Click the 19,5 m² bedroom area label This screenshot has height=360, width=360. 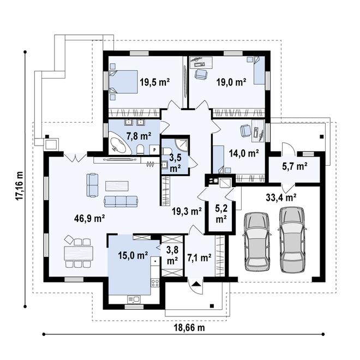click(155, 82)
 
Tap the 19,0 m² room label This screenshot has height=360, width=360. click(231, 82)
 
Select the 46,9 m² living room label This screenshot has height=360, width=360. click(89, 218)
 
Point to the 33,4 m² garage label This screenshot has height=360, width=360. click(281, 197)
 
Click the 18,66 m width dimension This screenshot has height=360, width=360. click(189, 328)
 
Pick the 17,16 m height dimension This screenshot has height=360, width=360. click(19, 185)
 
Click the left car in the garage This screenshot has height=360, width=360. click(256, 242)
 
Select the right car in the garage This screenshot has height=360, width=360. click(292, 239)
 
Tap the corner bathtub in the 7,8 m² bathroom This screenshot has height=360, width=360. click(119, 143)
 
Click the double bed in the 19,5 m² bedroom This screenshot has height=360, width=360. click(123, 82)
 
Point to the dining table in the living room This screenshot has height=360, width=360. click(79, 253)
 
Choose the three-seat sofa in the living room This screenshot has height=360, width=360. click(121, 201)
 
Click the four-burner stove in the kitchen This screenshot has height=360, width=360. click(155, 283)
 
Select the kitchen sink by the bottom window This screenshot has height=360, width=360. click(134, 299)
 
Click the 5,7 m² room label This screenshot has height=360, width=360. click(295, 166)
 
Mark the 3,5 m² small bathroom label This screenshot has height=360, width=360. click(175, 163)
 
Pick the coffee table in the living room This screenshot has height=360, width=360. click(117, 186)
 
